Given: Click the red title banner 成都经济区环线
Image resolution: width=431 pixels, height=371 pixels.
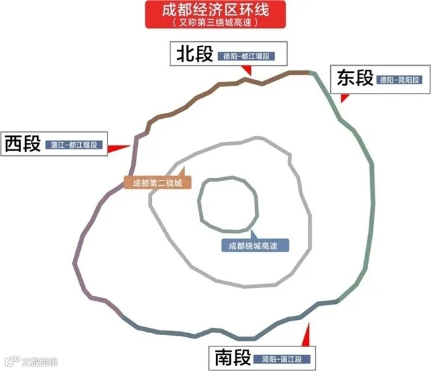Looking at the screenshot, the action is pos(215,11).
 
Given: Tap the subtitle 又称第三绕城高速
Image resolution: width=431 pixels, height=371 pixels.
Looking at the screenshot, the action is pos(215,22).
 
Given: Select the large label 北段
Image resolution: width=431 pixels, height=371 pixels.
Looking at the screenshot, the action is pos(194,54).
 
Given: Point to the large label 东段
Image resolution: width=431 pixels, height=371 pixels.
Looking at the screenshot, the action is pos(355,78).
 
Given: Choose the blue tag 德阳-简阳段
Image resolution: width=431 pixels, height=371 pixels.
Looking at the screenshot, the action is pos(399,80).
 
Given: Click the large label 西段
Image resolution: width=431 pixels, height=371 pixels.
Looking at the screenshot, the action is pos(23,143).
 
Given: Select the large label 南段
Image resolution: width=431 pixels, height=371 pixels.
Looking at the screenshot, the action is pos(233,358).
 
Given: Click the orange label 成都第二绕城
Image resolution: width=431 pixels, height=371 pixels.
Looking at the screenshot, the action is pos(157,183).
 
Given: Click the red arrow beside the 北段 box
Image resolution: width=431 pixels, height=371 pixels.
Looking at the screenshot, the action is pos(247,70).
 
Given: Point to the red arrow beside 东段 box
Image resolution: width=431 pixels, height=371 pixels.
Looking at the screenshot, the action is pos(343,98).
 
